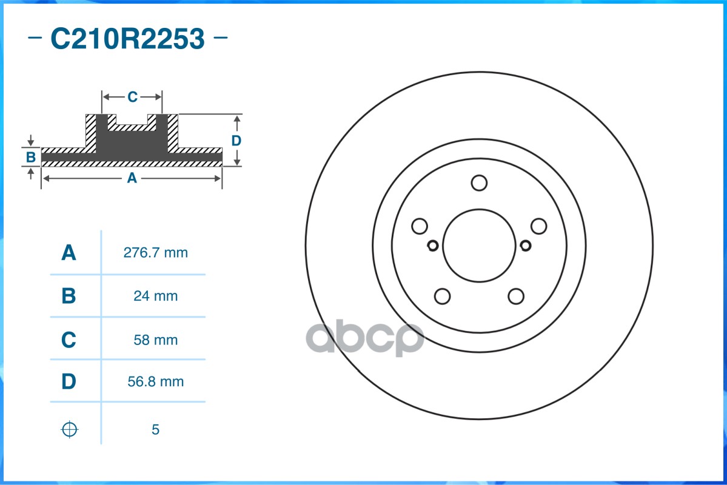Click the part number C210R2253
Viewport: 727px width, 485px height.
tap(127, 39)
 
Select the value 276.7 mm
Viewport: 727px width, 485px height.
tap(155, 253)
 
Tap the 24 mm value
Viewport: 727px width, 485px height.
tap(155, 296)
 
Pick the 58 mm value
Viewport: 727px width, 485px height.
tap(155, 340)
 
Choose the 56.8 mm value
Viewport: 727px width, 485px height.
tap(155, 382)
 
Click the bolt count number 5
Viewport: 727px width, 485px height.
tap(155, 430)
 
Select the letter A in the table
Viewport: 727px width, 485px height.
tap(69, 253)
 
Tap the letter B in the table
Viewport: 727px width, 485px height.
tap(69, 296)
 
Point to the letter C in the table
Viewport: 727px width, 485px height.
tap(69, 340)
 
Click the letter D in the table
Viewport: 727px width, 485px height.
tap(69, 382)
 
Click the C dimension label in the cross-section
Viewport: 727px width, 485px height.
tap(132, 97)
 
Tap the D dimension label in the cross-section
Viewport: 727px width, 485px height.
tap(236, 141)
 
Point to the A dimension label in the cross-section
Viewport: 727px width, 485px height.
tap(132, 178)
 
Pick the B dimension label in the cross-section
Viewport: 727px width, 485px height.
tap(31, 158)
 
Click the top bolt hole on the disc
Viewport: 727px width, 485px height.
tap(479, 182)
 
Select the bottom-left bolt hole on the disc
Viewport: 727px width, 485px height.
tap(443, 296)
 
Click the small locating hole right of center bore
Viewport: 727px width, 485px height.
tap(526, 246)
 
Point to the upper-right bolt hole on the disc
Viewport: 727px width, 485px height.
tap(538, 226)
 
